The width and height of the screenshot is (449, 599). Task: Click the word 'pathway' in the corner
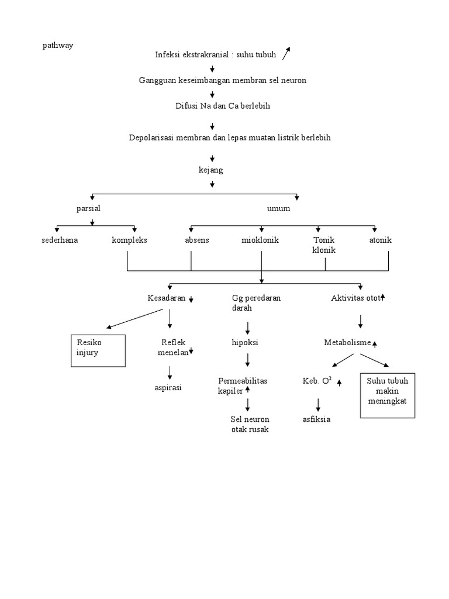pos(58,46)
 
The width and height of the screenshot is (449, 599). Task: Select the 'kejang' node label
pos(211,170)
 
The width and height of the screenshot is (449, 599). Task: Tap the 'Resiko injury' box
pos(98,350)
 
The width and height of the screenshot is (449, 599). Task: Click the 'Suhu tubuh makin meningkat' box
pos(388,395)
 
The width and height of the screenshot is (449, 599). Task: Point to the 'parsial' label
pos(92,208)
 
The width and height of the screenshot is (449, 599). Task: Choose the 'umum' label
pos(278,208)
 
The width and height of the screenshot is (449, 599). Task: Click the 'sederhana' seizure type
pos(60,240)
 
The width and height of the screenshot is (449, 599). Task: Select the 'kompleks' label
pos(129,240)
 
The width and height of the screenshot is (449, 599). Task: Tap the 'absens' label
pos(196,240)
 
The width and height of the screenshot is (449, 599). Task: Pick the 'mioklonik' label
pos(260,240)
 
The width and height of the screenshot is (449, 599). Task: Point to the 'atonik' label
pos(380,240)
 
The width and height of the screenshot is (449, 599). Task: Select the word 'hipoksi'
pos(245,343)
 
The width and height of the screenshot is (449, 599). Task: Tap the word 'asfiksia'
pos(316,419)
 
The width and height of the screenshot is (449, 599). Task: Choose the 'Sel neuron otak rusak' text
pos(250,424)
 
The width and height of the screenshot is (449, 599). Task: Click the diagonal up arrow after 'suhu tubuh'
pos(286,53)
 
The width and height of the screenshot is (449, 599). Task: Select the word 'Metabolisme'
pos(347,342)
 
